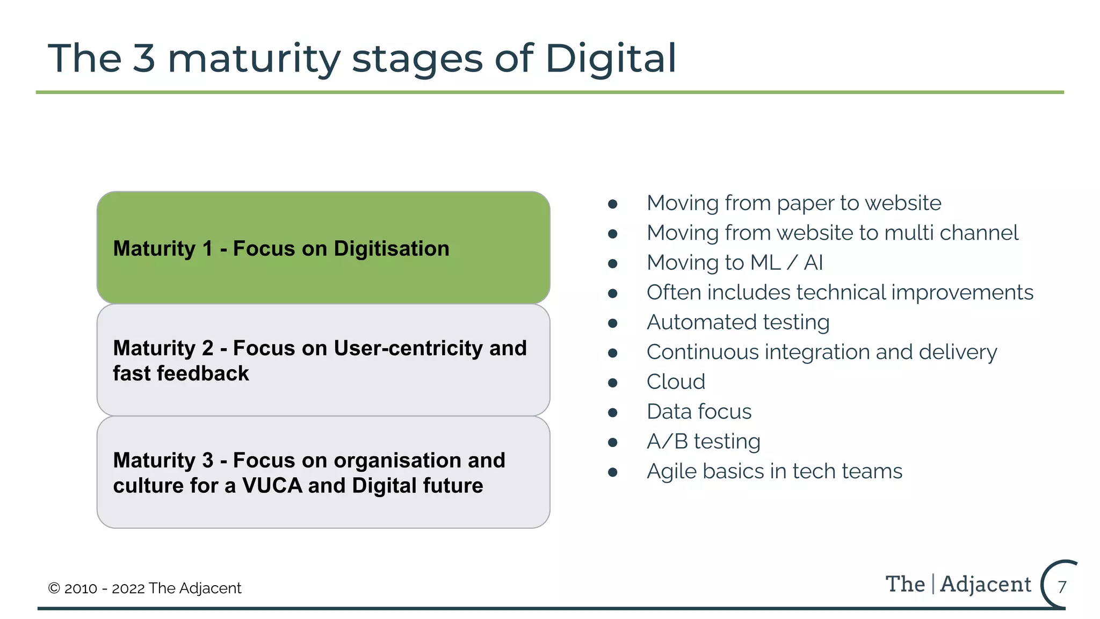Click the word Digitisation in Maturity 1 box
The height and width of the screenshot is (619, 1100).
(x=391, y=249)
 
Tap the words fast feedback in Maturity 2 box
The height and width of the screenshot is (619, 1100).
(x=181, y=373)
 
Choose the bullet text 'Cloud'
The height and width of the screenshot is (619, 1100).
(x=676, y=382)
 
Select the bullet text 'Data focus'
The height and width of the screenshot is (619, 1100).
(x=699, y=412)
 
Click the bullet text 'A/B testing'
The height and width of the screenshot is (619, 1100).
(x=703, y=442)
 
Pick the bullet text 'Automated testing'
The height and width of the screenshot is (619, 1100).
(x=738, y=322)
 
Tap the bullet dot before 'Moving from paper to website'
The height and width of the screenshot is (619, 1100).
(x=613, y=204)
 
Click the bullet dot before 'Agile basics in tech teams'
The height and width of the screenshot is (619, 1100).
(x=613, y=472)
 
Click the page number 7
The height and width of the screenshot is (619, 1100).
(x=1062, y=587)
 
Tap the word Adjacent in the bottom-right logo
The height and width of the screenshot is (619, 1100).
(x=986, y=585)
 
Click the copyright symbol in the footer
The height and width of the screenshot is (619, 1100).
(x=54, y=588)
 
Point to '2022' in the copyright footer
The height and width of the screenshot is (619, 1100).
(x=128, y=588)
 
